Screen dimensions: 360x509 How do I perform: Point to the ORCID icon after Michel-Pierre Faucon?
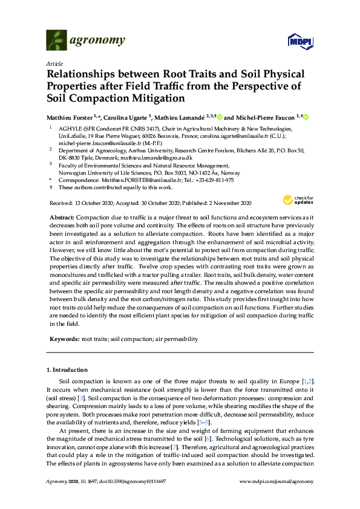tap(306, 116)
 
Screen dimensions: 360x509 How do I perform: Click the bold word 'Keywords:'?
tap(63, 340)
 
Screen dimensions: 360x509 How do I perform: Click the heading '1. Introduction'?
tap(67, 369)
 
